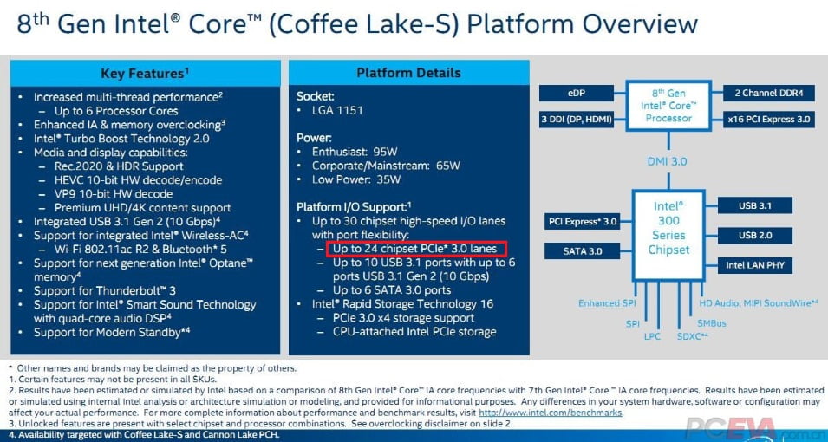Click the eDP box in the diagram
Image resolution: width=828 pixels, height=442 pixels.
pos(577,94)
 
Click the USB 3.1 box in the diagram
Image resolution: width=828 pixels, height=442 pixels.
pos(754,205)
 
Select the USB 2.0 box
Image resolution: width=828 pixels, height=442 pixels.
pos(754,235)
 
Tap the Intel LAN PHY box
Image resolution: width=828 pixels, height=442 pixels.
pos(754,265)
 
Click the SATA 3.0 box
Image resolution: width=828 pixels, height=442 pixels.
pos(583,250)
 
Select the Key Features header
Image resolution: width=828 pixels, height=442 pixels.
pos(145,73)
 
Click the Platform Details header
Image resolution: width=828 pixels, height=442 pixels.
pos(408,73)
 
